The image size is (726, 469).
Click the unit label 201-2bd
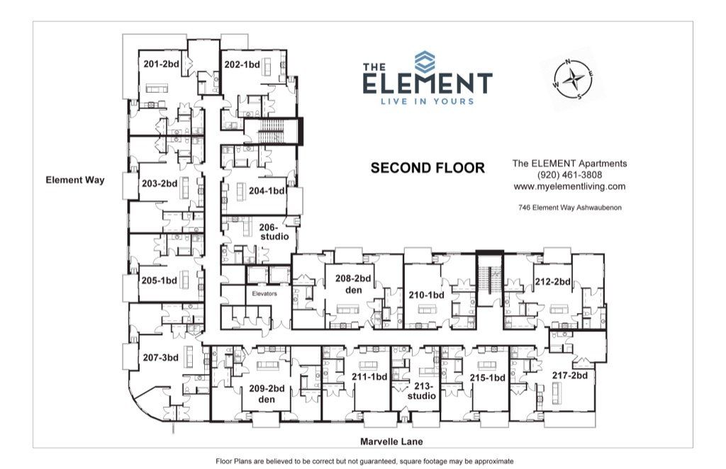pyautogui.click(x=161, y=64)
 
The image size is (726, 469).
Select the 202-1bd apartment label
pyautogui.click(x=242, y=64)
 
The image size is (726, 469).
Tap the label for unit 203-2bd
pyautogui.click(x=159, y=183)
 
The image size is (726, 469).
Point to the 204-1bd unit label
pyautogui.click(x=267, y=191)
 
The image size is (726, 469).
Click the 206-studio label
pyautogui.click(x=274, y=232)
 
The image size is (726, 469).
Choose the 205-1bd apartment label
pyautogui.click(x=159, y=280)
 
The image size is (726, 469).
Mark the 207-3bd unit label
pyautogui.click(x=161, y=357)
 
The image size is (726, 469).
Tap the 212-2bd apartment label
pyautogui.click(x=552, y=281)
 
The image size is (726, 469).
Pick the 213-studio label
pyautogui.click(x=423, y=391)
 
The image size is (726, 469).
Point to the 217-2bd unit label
pyautogui.click(x=571, y=375)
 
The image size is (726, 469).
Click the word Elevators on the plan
pyautogui.click(x=263, y=292)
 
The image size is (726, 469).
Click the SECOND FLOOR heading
pyautogui.click(x=428, y=168)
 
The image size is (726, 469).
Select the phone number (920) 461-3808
pyautogui.click(x=569, y=175)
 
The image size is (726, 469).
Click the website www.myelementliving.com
pyautogui.click(x=569, y=186)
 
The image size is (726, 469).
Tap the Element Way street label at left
pyautogui.click(x=75, y=180)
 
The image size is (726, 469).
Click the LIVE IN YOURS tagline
pyautogui.click(x=428, y=101)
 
